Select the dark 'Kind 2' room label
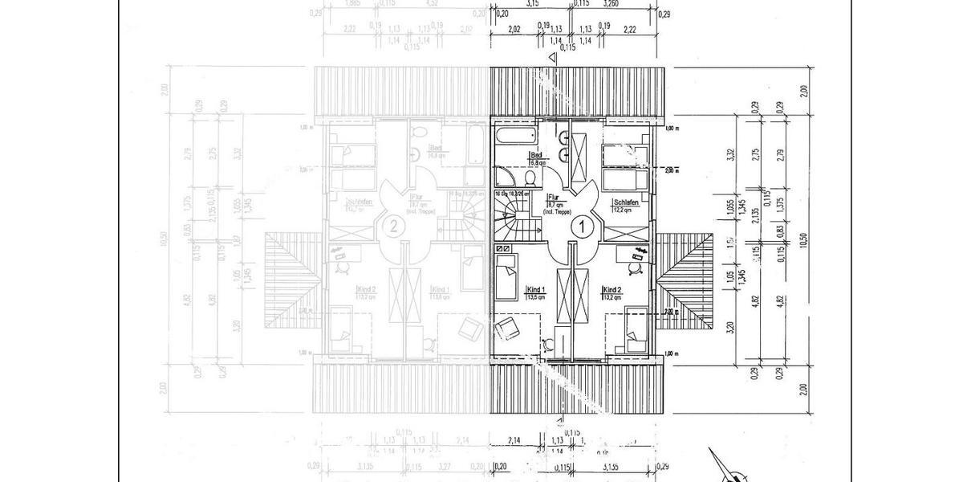click(x=613, y=289)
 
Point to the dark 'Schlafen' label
click(x=626, y=202)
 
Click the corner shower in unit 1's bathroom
click(x=505, y=177)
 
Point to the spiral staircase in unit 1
click(x=510, y=219)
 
